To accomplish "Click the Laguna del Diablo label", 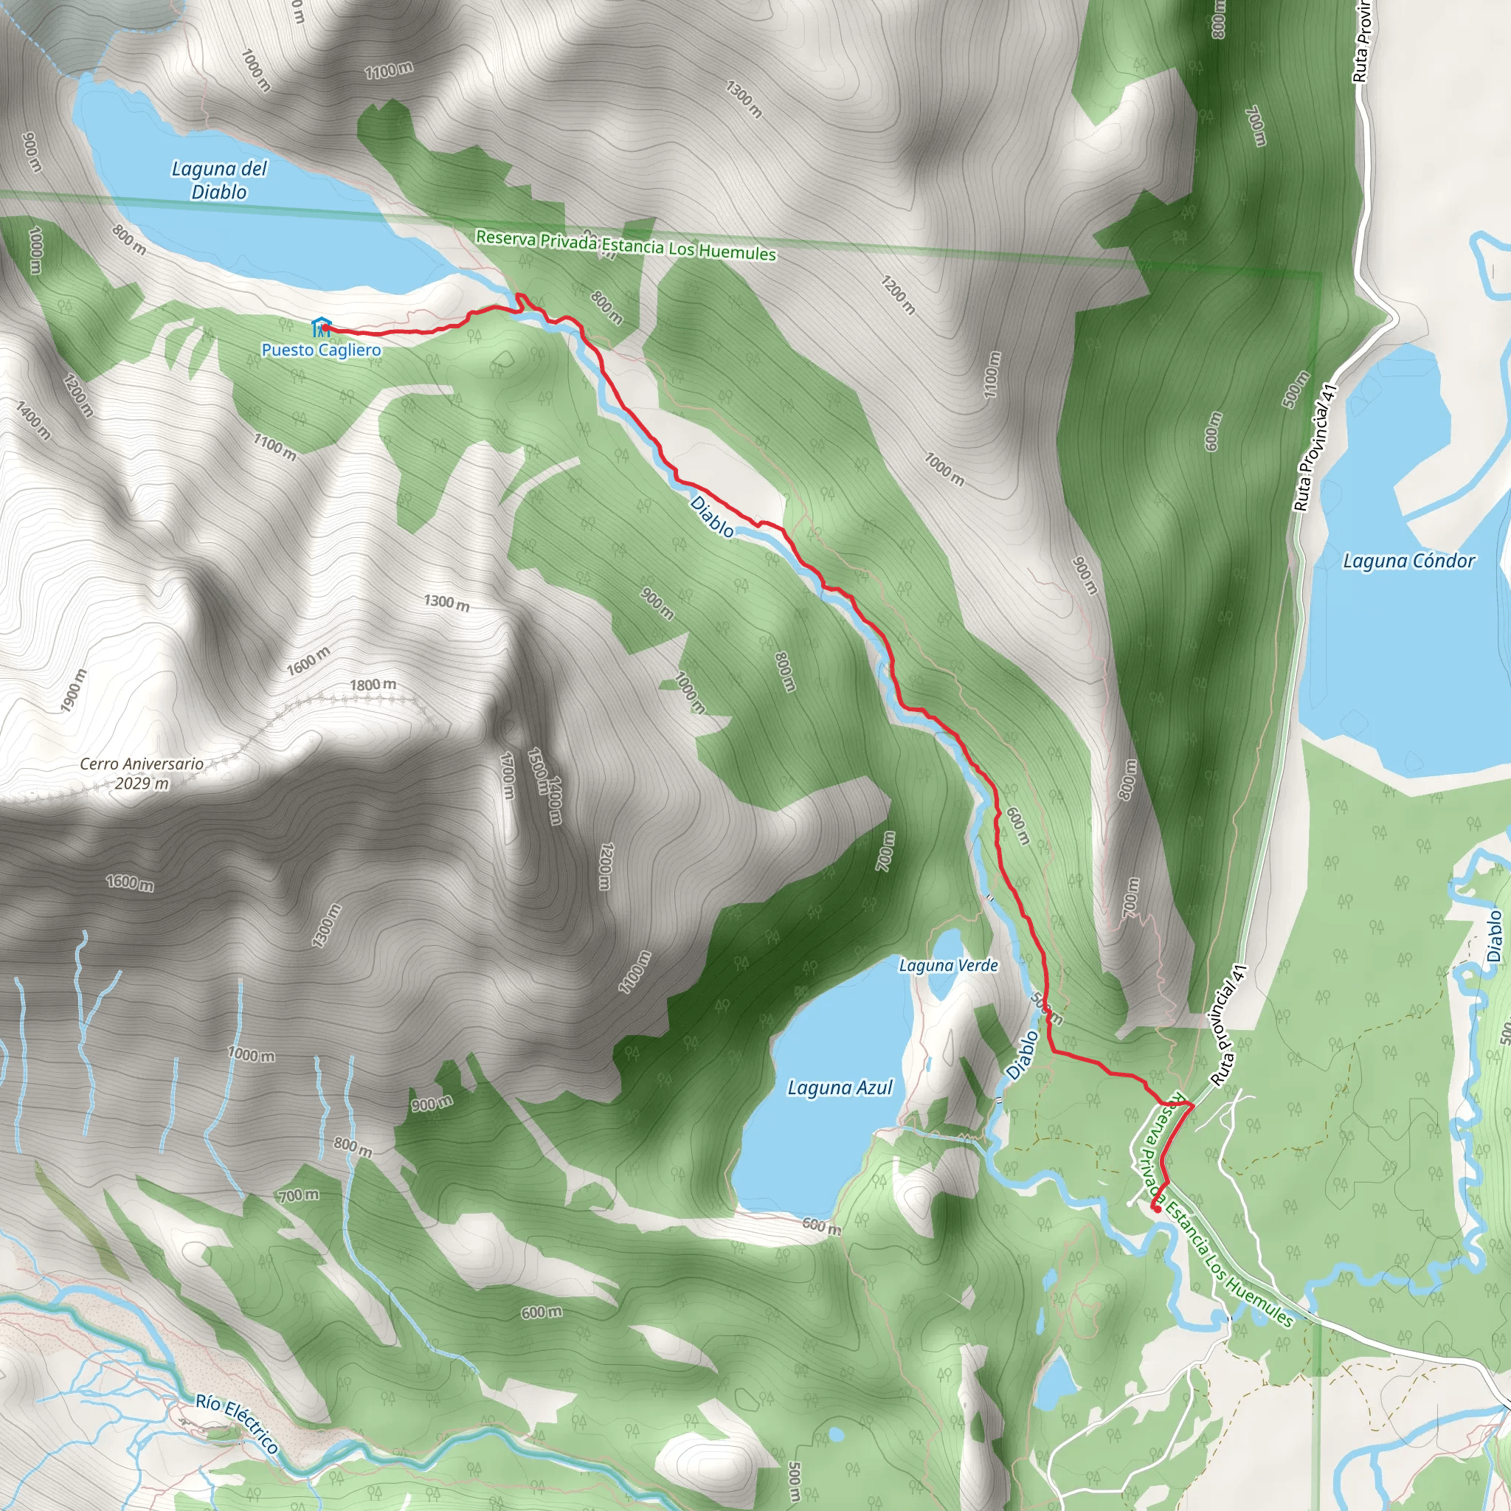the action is (219, 180).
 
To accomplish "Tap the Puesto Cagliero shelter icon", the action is (321, 326).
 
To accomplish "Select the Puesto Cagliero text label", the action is (322, 350).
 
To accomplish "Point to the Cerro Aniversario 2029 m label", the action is (142, 772).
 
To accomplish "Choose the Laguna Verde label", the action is (948, 965).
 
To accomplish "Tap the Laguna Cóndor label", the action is (1408, 561).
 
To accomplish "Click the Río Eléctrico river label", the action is (237, 1423).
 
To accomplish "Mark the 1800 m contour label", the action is (373, 685).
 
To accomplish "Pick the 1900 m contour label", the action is (75, 691).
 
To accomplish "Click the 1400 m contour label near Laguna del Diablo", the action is (34, 419).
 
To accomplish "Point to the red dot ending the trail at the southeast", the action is (1156, 1209).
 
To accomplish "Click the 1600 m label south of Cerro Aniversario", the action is (130, 883).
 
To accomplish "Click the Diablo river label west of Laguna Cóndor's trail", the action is (712, 516).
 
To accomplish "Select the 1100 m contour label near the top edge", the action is (389, 71).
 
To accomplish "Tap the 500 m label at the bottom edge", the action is (793, 1481).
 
